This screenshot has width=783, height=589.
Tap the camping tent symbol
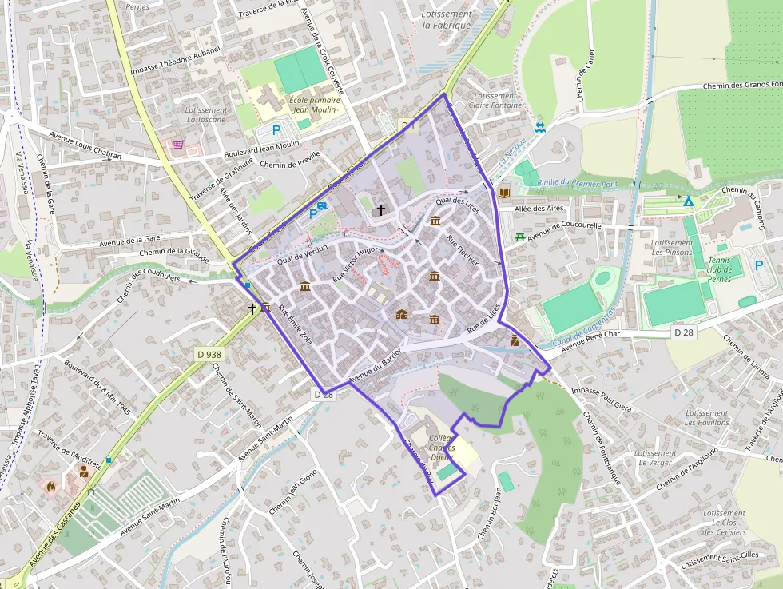point(688,201)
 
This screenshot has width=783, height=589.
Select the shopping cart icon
point(177,145)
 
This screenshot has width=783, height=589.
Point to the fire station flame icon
point(52,485)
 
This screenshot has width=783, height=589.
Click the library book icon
point(503,193)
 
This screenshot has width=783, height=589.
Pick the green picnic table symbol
point(520,237)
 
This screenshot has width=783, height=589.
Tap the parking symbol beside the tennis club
point(758,265)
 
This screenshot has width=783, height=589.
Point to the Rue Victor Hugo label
point(353,264)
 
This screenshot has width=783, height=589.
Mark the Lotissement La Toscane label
point(205,114)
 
